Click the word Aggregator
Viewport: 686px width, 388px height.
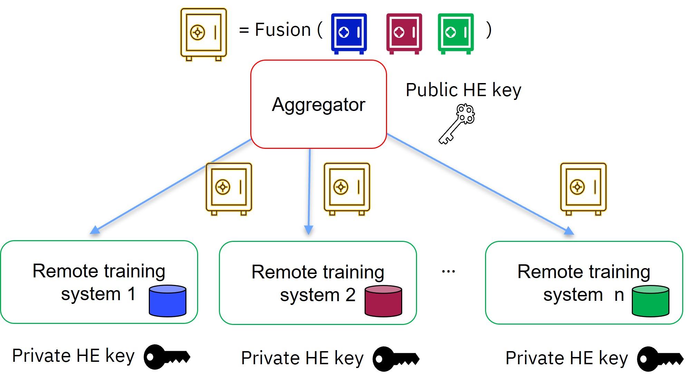tap(318, 105)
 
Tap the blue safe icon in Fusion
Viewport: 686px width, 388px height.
tap(349, 33)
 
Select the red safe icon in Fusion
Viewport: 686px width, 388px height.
tap(404, 33)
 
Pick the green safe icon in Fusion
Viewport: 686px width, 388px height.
tap(456, 33)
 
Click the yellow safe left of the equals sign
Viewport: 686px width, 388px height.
tap(204, 34)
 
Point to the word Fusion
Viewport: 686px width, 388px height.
tap(283, 30)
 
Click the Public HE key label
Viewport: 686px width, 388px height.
tap(463, 90)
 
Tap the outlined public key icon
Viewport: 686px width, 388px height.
tap(457, 124)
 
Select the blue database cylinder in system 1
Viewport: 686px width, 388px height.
tap(167, 301)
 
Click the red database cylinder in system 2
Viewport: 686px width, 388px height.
tap(383, 301)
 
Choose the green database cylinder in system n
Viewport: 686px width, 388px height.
tap(650, 301)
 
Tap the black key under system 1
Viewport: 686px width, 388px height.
tap(166, 357)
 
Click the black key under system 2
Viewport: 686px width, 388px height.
tap(396, 359)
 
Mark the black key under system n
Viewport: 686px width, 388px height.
tap(659, 359)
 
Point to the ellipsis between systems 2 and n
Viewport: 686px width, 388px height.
tap(448, 272)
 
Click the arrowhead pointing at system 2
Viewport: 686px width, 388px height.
tap(309, 230)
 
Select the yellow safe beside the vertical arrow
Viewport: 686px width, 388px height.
tap(347, 188)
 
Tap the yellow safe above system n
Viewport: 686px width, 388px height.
tap(583, 188)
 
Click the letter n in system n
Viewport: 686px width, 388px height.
tap(619, 295)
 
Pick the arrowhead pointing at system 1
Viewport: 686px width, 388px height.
tap(95, 230)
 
